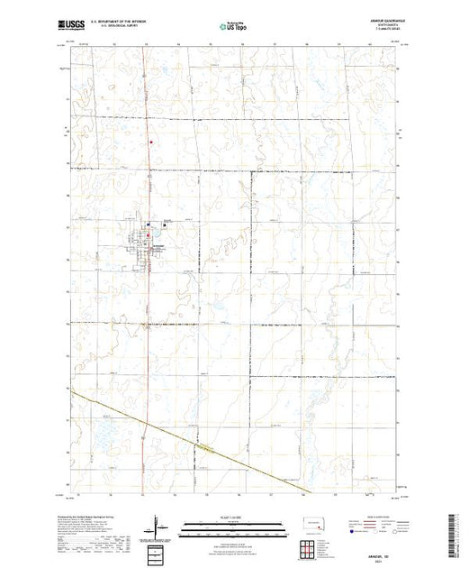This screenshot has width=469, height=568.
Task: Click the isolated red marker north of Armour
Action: pyautogui.click(x=151, y=140)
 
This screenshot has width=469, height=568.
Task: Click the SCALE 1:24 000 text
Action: pyautogui.click(x=232, y=519)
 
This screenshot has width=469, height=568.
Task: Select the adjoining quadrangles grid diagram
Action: pyautogui.click(x=312, y=547)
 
